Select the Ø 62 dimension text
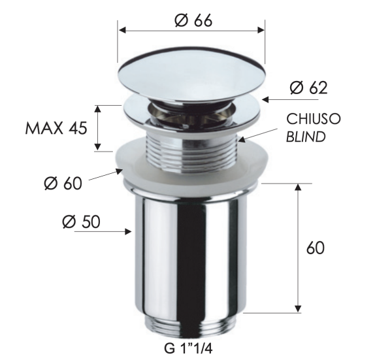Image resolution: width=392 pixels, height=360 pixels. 310,88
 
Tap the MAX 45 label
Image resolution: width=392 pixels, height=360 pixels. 56,128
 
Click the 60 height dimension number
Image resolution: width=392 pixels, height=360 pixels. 315,248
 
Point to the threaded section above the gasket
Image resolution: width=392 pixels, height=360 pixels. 191,139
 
